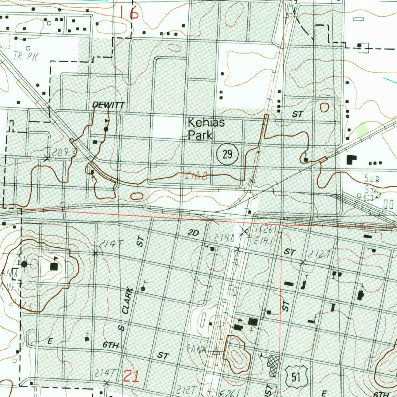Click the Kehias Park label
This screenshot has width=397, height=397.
(x=206, y=129)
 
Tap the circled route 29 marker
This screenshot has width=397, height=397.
(x=227, y=155)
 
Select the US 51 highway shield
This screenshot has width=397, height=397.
(x=297, y=376)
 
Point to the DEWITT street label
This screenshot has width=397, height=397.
(x=104, y=105)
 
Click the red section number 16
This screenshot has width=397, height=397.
(x=129, y=13)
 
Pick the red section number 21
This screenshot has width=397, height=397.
(x=131, y=376)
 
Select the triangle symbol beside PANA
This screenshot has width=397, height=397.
(x=216, y=351)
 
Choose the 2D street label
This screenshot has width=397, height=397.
(x=193, y=233)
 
